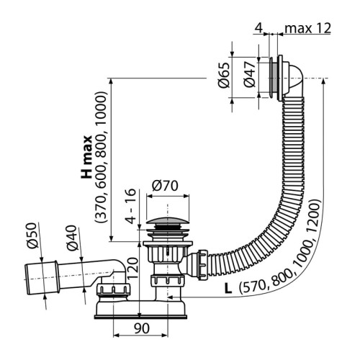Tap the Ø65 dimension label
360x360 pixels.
tap(224, 74)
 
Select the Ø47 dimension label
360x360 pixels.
tap(248, 74)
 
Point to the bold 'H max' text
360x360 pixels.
tap(86, 156)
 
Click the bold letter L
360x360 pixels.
tap(228, 288)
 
